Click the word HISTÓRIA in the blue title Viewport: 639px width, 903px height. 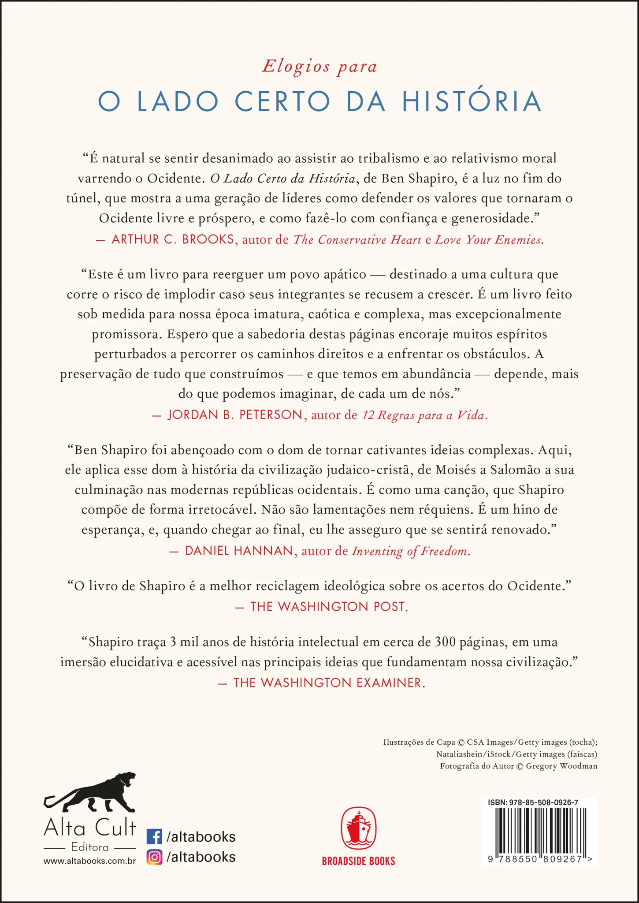[x=472, y=101]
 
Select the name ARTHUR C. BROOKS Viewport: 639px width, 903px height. [x=173, y=239]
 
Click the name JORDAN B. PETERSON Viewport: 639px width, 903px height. [x=235, y=415]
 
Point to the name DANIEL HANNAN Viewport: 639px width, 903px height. [x=239, y=551]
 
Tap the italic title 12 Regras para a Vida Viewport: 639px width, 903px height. [x=424, y=415]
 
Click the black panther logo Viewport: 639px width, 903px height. [x=91, y=793]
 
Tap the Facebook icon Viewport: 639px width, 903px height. [x=154, y=836]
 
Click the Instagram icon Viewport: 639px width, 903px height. [x=154, y=857]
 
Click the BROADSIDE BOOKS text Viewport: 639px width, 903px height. [x=358, y=861]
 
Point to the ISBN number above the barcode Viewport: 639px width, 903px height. [x=533, y=802]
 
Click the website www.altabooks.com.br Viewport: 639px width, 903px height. [x=89, y=861]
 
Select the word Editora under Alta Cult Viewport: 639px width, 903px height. [x=90, y=847]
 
